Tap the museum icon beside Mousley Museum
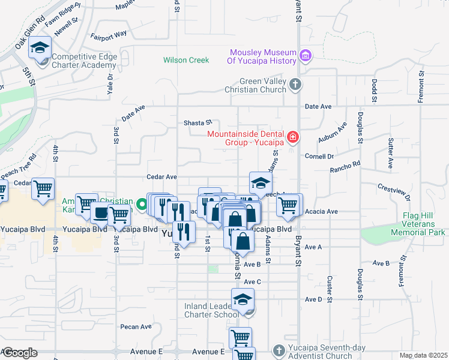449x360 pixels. pyautogui.click(x=306, y=56)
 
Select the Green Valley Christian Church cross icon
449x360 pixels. pyautogui.click(x=295, y=84)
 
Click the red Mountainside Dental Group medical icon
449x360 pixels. pyautogui.click(x=292, y=137)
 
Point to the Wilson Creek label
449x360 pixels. pyautogui.click(x=186, y=60)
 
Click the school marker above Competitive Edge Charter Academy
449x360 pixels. pyautogui.click(x=40, y=47)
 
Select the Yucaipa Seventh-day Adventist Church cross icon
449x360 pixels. pyautogui.click(x=278, y=349)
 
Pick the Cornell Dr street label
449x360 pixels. pyautogui.click(x=319, y=156)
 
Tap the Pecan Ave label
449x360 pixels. pyautogui.click(x=136, y=327)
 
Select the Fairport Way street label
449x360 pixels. pyautogui.click(x=109, y=34)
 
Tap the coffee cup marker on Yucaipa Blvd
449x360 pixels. pyautogui.click(x=100, y=212)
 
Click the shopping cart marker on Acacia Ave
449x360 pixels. pyautogui.click(x=288, y=205)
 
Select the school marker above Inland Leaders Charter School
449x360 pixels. pyautogui.click(x=243, y=299)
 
